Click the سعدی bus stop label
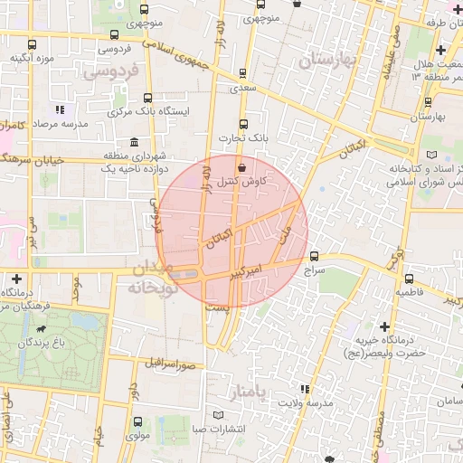(x=241, y=89)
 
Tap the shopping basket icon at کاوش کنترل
(x=241, y=167)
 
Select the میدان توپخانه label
(x=143, y=278)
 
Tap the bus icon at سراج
(x=314, y=256)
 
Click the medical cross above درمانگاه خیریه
(x=384, y=326)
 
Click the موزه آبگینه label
(x=33, y=58)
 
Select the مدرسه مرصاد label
(x=60, y=123)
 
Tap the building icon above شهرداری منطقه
(x=135, y=142)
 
